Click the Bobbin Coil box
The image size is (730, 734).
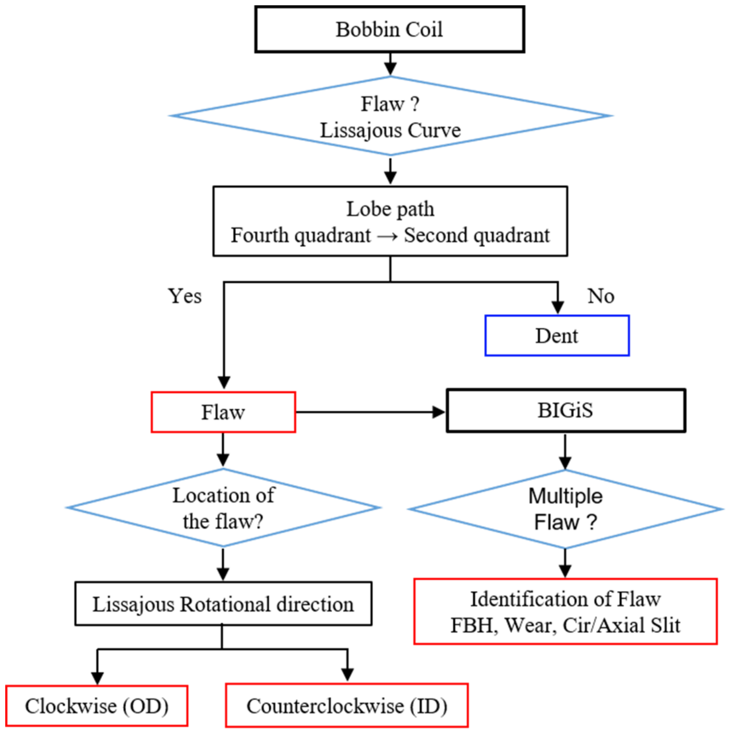[389, 29]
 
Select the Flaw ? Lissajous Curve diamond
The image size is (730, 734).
[390, 116]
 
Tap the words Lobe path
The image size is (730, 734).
[390, 209]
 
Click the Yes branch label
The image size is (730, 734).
[185, 296]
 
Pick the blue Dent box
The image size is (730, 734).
[557, 335]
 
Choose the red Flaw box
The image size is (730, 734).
[223, 412]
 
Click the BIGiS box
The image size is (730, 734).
[566, 411]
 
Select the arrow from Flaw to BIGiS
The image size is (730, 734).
[370, 412]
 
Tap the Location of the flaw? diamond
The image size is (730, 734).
[223, 508]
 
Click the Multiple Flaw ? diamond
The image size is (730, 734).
[566, 509]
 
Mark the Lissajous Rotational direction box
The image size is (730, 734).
[223, 604]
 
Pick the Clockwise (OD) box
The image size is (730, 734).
[97, 706]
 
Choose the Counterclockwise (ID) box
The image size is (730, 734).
[347, 706]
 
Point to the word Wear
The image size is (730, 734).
[530, 625]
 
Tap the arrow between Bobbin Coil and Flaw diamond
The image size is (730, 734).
[390, 65]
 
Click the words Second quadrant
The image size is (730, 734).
[477, 235]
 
